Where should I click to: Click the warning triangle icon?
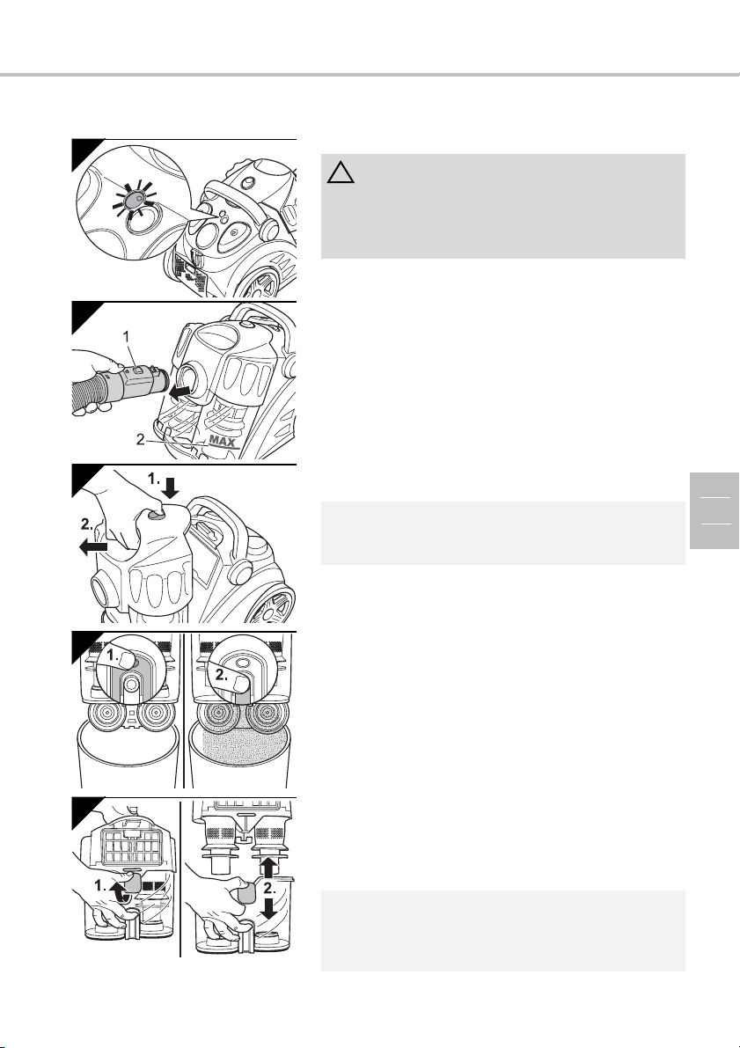[341, 172]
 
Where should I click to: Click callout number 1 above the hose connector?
[127, 338]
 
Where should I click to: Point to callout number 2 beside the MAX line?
[141, 439]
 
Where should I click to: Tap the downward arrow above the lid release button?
[171, 488]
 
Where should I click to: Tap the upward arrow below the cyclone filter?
[267, 868]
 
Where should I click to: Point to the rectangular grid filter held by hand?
[131, 838]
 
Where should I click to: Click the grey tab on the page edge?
[714, 510]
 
